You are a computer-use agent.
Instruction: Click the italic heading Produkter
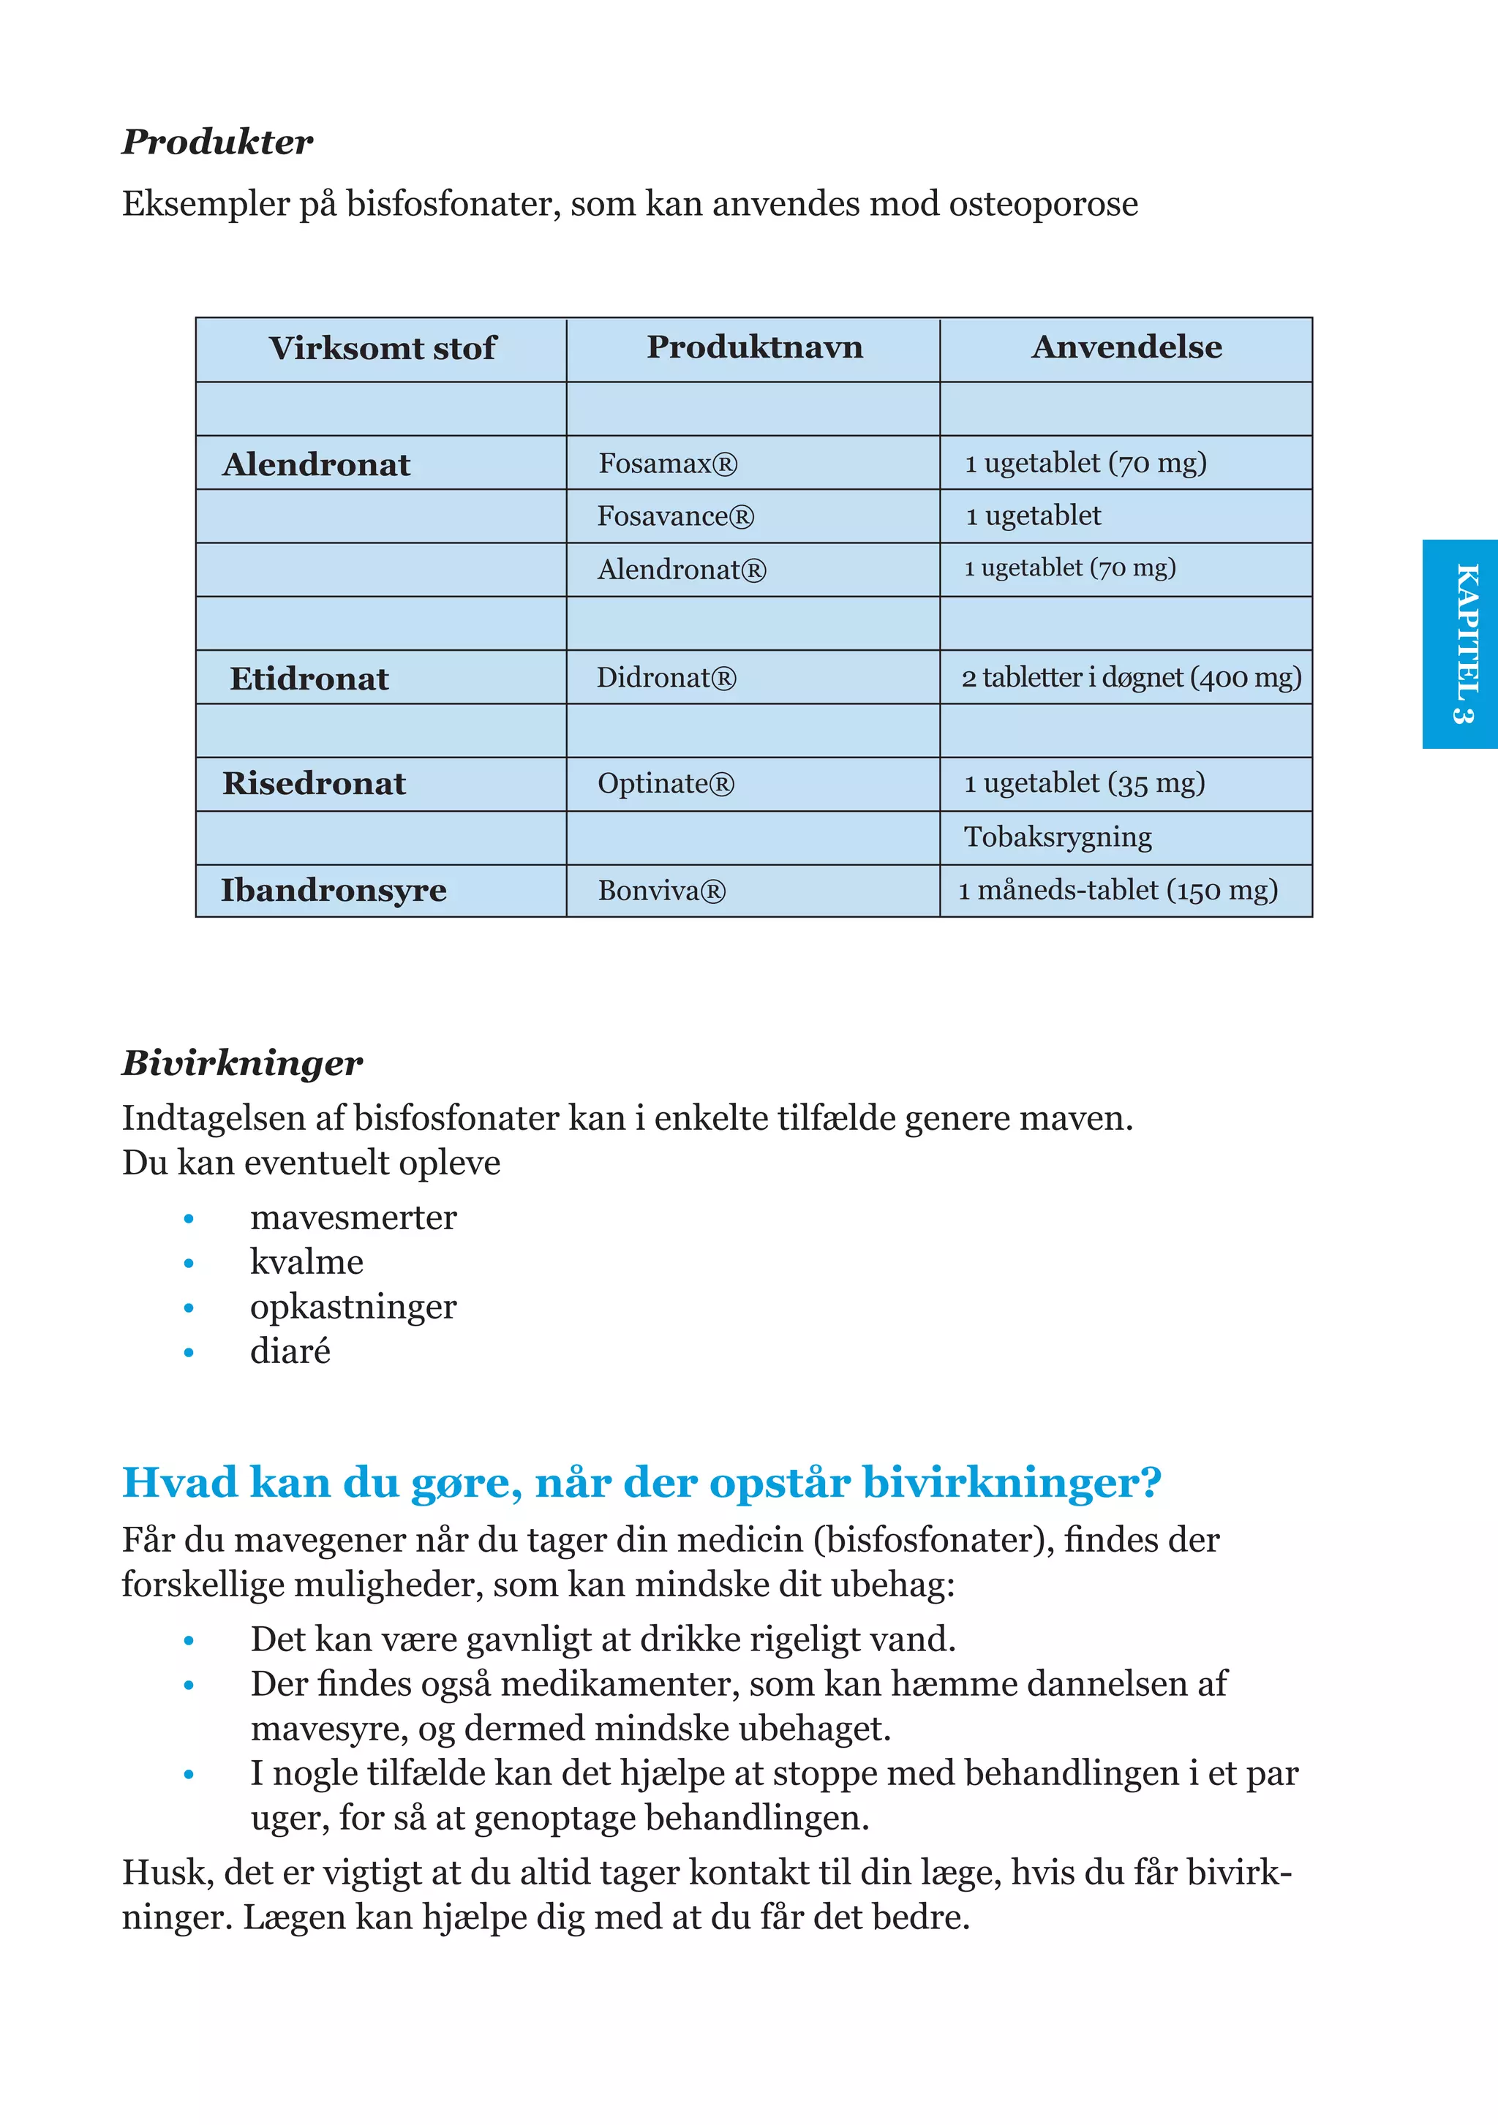point(217,142)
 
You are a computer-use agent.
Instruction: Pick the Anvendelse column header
point(1126,347)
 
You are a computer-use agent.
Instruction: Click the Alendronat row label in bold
point(316,464)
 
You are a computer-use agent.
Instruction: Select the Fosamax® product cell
point(668,463)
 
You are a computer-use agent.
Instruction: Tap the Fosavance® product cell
point(675,516)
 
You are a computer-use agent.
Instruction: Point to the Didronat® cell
point(666,677)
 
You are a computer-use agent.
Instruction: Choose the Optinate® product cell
point(666,784)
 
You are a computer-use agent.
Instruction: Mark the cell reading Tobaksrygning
point(1057,837)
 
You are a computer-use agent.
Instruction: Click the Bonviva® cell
point(661,891)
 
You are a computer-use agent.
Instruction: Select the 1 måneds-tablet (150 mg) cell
point(1118,891)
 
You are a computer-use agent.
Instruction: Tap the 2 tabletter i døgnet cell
point(1130,677)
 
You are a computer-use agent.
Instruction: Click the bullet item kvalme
point(306,1261)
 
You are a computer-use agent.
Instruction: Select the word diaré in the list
point(290,1351)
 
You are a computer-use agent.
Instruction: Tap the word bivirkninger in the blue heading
point(1011,1482)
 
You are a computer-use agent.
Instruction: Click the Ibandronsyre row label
point(334,891)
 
